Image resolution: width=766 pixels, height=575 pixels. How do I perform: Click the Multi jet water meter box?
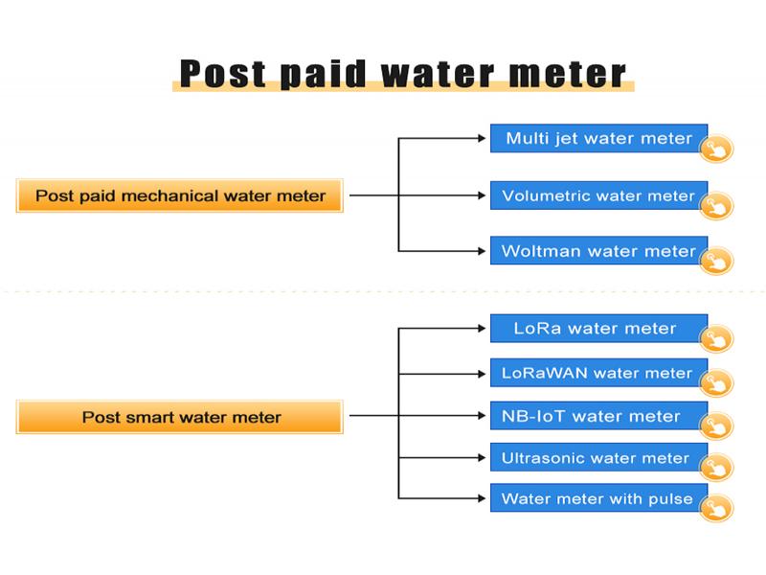coord(599,138)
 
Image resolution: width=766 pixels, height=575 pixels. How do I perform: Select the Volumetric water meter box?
coord(599,195)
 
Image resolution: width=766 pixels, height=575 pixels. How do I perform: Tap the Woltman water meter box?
coord(599,251)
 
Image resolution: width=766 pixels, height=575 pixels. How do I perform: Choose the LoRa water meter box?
coord(599,329)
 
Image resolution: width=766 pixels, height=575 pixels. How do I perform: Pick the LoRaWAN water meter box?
coord(599,373)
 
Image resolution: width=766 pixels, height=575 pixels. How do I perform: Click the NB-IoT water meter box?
coord(599,416)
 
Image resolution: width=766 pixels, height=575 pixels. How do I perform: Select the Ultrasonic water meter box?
coord(599,458)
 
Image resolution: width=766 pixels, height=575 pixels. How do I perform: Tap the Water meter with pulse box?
coord(599,498)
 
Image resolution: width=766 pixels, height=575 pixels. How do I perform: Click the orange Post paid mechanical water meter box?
coord(180,195)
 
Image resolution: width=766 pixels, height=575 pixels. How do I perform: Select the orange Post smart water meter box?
coord(180,417)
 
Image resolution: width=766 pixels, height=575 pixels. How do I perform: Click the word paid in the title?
coord(323,75)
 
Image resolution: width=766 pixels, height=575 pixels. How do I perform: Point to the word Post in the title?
coord(222,74)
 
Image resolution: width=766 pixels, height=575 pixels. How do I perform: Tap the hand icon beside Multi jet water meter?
coord(716,149)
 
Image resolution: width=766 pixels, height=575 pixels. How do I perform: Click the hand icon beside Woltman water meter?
coord(716,261)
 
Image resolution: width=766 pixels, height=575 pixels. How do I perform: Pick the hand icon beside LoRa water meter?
coord(716,338)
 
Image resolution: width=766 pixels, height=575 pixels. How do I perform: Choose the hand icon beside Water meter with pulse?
coord(716,508)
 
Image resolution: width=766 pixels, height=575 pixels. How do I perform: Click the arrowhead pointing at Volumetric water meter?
coord(482,195)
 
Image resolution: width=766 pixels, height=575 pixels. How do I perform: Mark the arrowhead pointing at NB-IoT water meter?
coord(482,416)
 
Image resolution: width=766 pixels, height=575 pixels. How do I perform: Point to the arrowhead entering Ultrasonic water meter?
coord(482,458)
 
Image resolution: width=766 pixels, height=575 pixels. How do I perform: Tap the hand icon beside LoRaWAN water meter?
coord(716,382)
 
